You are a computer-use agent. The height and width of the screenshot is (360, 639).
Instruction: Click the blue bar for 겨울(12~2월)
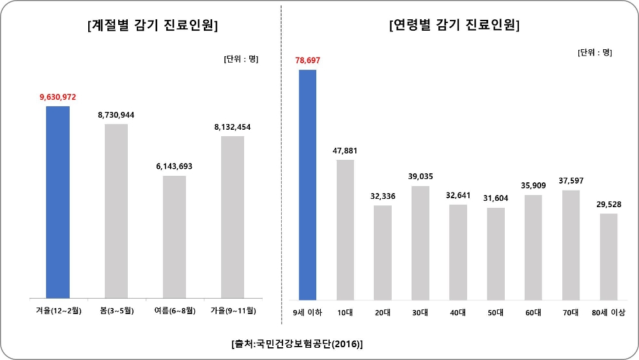[x=58, y=202]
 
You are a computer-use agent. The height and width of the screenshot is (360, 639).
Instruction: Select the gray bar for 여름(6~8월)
[x=174, y=237]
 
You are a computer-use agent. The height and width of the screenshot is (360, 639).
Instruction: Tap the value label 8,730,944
[x=116, y=115]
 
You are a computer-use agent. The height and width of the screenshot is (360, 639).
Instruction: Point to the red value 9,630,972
[x=58, y=97]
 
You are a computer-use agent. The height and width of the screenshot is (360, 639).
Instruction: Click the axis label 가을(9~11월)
[x=233, y=311]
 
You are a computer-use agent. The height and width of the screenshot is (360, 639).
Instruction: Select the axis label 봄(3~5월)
[x=116, y=311]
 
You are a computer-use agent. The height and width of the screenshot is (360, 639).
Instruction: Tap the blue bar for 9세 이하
[x=307, y=184]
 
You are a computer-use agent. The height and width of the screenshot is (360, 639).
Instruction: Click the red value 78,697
[x=307, y=60]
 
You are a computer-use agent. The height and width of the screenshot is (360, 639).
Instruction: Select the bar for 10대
[x=345, y=230]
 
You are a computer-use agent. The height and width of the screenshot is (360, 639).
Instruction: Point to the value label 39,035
[x=420, y=176]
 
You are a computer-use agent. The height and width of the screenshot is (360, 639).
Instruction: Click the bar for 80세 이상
[x=608, y=256]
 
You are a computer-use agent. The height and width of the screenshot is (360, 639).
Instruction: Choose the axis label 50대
[x=495, y=312]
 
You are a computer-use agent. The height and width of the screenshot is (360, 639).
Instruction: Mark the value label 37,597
[x=571, y=180]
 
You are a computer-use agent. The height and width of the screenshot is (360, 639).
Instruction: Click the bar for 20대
[x=383, y=252]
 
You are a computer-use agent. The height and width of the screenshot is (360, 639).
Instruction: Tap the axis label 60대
[x=533, y=312]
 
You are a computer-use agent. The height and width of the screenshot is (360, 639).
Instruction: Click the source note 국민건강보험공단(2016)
[x=297, y=344]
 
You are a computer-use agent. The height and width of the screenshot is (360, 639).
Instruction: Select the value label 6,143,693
[x=174, y=166]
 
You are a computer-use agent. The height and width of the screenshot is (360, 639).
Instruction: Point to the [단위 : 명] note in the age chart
[x=594, y=52]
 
